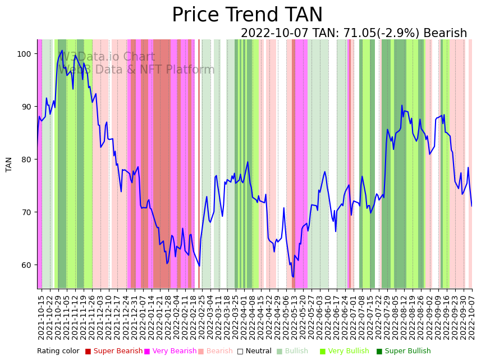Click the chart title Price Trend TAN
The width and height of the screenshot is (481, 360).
(247, 15)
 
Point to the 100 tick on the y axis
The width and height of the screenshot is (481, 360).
(27, 54)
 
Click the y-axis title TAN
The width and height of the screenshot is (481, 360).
(9, 164)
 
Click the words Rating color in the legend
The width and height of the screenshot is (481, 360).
(58, 352)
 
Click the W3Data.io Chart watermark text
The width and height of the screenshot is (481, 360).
(107, 57)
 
